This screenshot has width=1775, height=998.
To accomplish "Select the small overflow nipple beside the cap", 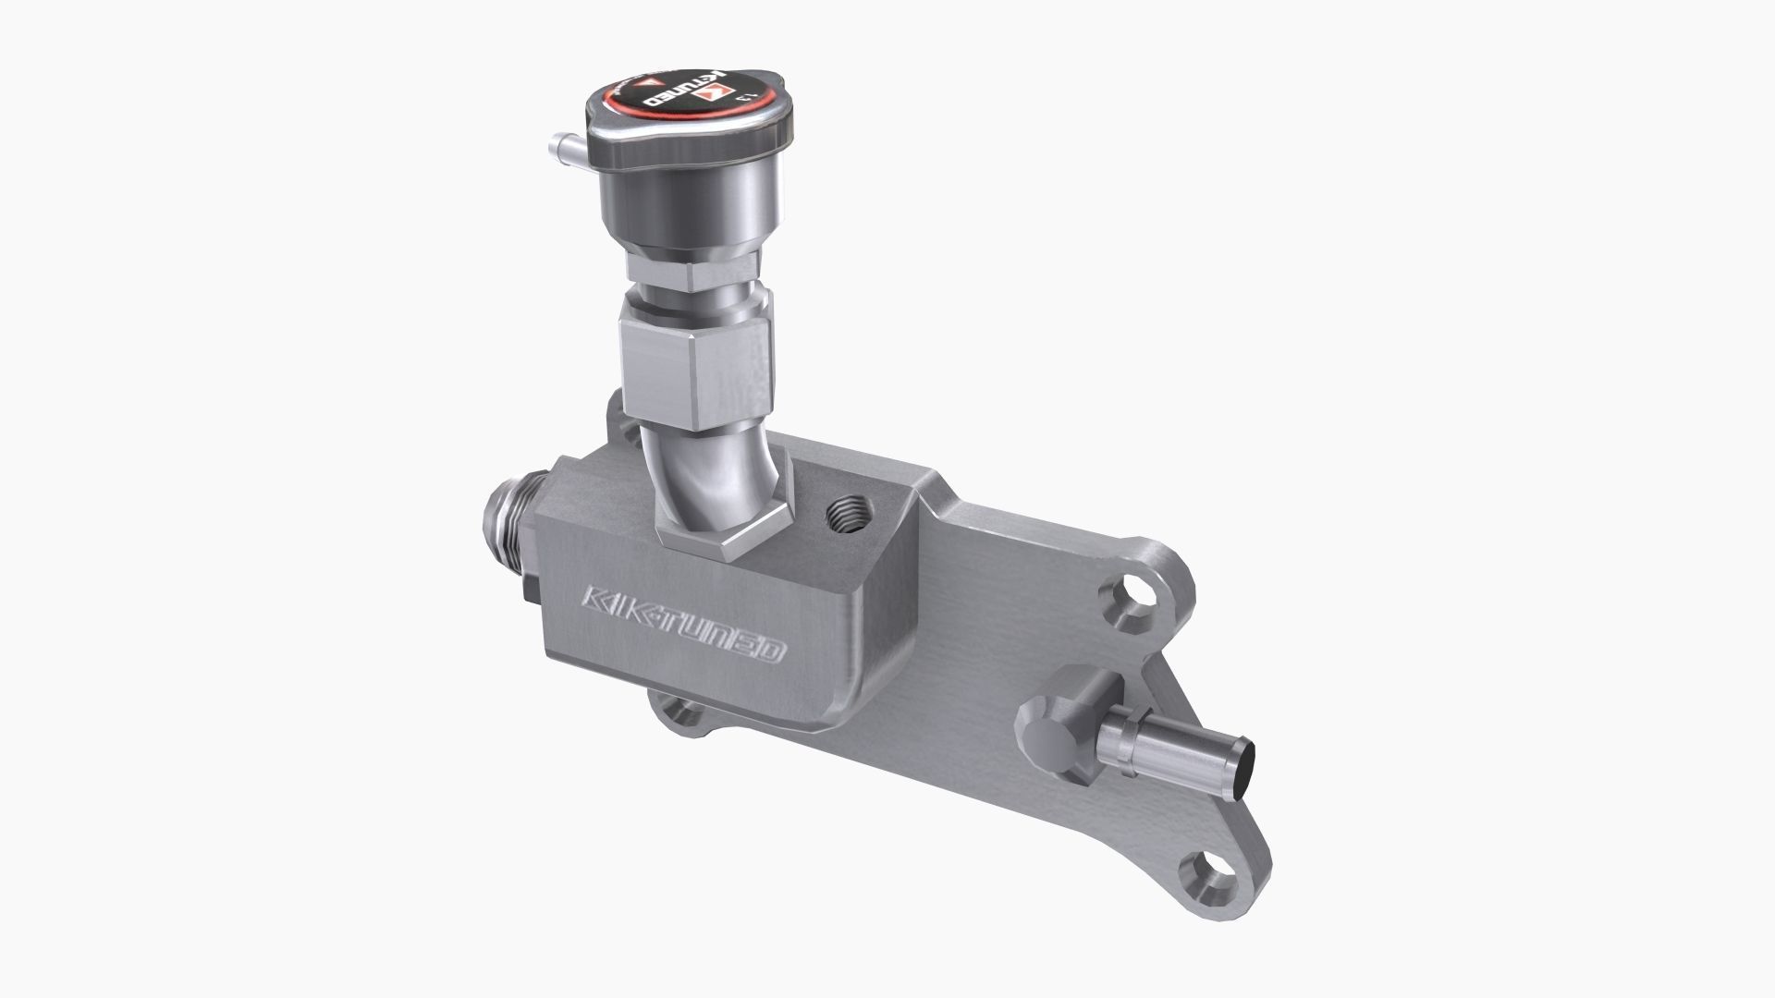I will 561,147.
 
